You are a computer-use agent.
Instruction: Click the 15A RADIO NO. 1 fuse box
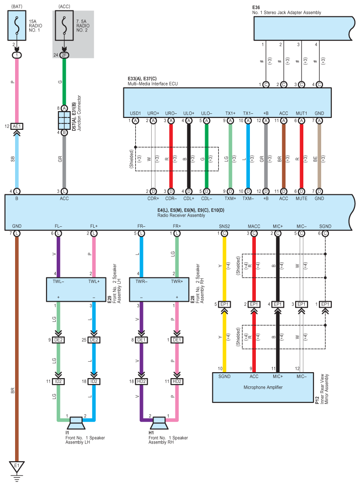coord(17,26)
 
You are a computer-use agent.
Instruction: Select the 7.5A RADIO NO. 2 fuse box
coord(64,26)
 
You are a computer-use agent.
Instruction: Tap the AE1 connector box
coord(17,126)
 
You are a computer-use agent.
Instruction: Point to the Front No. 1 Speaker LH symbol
coord(76,423)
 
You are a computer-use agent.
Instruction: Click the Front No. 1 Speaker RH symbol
coord(159,423)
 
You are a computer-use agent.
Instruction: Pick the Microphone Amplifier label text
coord(263,387)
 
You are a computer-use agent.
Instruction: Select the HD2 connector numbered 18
coord(141,381)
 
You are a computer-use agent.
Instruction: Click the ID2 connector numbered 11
coord(58,381)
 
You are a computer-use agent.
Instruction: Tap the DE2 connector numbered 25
coord(94,340)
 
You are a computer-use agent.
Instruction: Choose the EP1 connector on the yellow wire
coord(224,304)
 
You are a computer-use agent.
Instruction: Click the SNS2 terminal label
coord(224,226)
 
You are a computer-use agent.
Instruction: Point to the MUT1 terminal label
coord(302,113)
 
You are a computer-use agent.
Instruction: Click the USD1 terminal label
coord(135,113)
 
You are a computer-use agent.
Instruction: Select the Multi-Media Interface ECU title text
coord(153,84)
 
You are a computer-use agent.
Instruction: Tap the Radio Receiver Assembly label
coord(181,215)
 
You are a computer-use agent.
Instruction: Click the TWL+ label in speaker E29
coord(94,282)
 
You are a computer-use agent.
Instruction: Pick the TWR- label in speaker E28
coord(141,282)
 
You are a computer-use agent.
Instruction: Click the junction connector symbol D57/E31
coord(64,120)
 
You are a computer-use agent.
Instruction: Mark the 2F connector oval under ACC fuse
coord(64,55)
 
